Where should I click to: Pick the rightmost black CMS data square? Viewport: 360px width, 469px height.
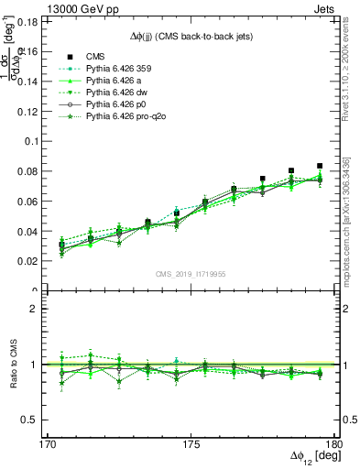pyautogui.click(x=320, y=166)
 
